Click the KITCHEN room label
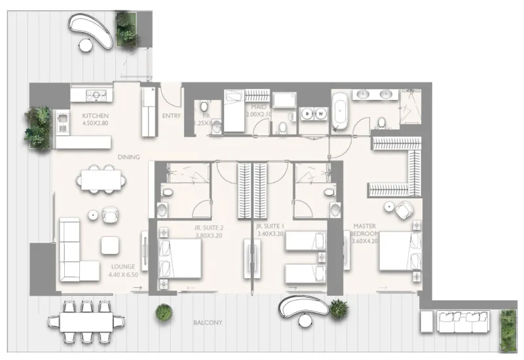click(94, 115)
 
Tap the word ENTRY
click(171, 116)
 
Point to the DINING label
click(128, 157)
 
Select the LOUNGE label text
click(123, 267)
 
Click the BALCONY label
click(208, 323)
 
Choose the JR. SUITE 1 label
click(270, 228)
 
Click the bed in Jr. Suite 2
click(180, 258)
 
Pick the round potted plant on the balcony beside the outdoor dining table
click(164, 313)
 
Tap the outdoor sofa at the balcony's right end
click(461, 321)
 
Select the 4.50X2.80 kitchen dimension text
click(94, 122)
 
